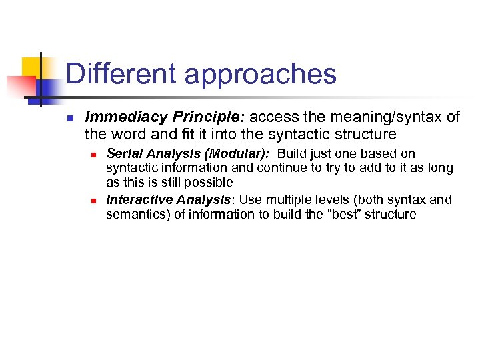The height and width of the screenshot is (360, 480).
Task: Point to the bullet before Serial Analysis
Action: pos(95,154)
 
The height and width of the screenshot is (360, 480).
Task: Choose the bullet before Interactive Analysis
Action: pos(95,200)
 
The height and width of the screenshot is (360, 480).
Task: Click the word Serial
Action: pos(123,154)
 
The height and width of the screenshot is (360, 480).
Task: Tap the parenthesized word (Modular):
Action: pos(233,154)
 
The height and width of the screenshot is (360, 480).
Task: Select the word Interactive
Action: pos(135,200)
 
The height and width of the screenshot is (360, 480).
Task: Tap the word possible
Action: pos(212,182)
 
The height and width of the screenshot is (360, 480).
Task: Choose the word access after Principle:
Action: pos(274,118)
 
